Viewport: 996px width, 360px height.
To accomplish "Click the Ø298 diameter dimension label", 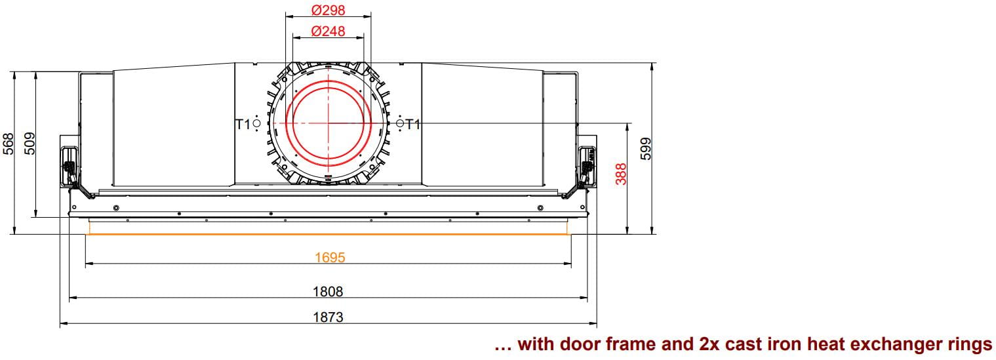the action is tap(328, 10).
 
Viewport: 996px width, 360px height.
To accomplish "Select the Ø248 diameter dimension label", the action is tap(328, 31).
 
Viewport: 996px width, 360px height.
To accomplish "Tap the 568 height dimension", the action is tap(9, 144).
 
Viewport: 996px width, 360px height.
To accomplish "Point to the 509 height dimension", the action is tap(30, 144).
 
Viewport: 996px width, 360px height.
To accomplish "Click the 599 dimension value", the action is tap(646, 148).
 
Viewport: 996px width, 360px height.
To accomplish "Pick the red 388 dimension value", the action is tap(621, 174).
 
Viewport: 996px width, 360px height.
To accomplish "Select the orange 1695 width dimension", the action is tap(330, 257).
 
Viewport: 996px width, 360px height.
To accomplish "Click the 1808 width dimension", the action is tap(328, 292).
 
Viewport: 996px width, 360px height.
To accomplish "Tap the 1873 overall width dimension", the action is tap(328, 317).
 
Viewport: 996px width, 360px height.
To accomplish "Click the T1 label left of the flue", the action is tap(243, 125).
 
